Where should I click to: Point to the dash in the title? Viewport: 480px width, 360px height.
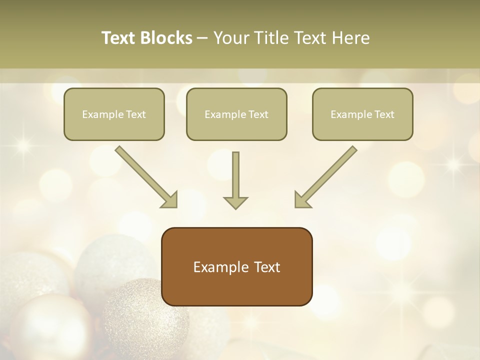pos(202,38)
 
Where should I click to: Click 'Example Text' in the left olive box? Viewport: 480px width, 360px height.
pos(114,114)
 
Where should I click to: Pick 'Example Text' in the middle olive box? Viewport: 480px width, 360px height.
pos(236,114)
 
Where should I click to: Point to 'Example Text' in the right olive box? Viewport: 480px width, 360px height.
pos(362,114)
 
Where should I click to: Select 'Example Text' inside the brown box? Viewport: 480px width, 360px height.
pos(236,267)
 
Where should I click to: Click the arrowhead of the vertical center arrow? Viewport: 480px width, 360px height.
pos(235,202)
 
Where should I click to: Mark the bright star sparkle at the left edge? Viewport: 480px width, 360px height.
pos(22,145)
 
